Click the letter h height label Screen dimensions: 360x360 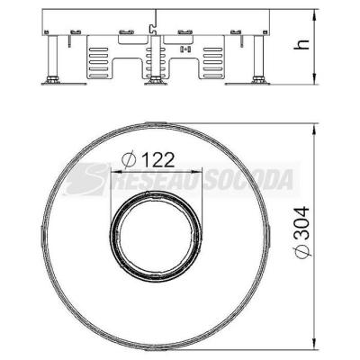[x=301, y=45]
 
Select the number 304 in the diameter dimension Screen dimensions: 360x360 [x=301, y=222]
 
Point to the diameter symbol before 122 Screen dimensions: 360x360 [x=129, y=159]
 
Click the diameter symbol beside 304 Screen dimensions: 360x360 [x=302, y=251]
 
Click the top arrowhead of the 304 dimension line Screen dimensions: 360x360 [x=314, y=130]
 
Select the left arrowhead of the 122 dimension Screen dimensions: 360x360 [x=116, y=172]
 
